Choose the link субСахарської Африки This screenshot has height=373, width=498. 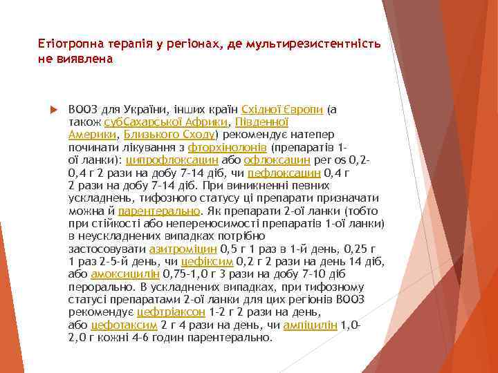coord(160,122)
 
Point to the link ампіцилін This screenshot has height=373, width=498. coord(311,325)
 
